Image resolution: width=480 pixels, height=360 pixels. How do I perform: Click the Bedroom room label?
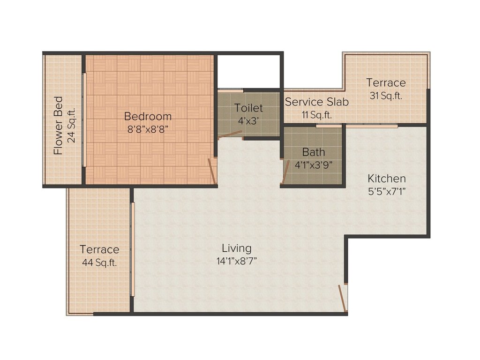[x=148, y=116]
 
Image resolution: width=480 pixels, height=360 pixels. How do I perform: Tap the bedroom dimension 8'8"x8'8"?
[x=148, y=130]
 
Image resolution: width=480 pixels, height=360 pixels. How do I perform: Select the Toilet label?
[x=248, y=108]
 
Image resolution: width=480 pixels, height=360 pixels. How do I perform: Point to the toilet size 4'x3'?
[x=249, y=121]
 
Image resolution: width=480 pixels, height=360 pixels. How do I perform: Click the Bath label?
[x=313, y=152]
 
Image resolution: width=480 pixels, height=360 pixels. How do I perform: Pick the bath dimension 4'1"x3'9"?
[x=313, y=165]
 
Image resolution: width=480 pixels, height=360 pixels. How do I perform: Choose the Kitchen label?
[x=386, y=179]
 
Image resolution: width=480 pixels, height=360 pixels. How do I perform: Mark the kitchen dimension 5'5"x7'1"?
[x=386, y=192]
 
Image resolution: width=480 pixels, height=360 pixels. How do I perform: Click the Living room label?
[x=237, y=248]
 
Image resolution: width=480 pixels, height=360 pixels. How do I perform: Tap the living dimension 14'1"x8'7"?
[x=237, y=261]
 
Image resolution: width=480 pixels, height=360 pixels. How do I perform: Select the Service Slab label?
[x=316, y=102]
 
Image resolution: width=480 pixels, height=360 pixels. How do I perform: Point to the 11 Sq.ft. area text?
[x=316, y=114]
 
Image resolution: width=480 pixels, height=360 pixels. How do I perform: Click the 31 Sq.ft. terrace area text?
[x=386, y=96]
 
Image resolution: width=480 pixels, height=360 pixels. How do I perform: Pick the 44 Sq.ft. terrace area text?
[x=99, y=262]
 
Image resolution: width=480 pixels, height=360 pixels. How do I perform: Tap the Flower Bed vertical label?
[x=58, y=125]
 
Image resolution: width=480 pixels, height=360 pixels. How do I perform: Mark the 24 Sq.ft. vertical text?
[x=71, y=125]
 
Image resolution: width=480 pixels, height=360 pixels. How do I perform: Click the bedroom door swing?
[x=212, y=171]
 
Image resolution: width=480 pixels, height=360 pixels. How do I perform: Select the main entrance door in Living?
[x=343, y=299]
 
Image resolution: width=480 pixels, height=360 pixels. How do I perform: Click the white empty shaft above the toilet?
[x=248, y=71]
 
